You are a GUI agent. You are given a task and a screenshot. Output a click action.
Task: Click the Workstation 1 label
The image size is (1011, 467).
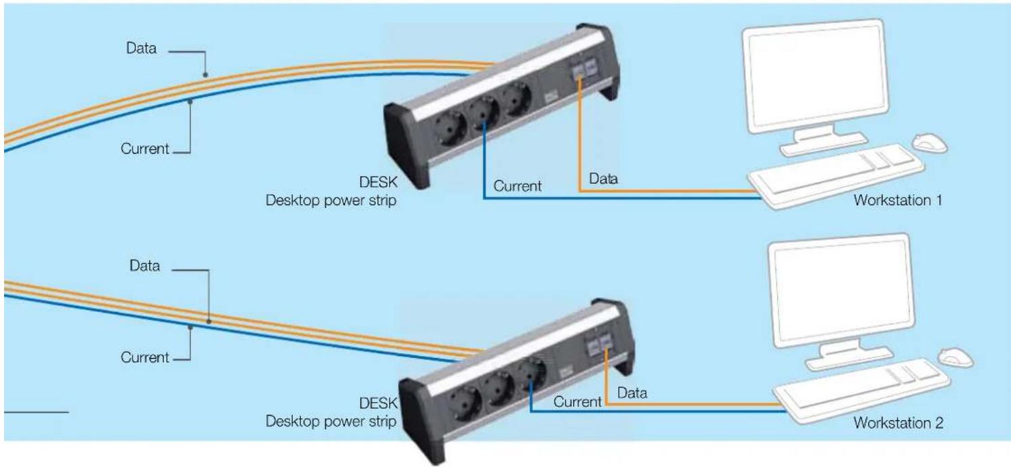897,200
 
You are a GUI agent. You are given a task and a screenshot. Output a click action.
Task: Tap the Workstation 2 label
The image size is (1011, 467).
898,423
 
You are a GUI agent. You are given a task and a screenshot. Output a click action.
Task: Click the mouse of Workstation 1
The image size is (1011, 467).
930,143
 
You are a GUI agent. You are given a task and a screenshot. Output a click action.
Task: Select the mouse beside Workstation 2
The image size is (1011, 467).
956,358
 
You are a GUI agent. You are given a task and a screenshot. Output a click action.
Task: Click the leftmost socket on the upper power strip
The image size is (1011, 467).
450,129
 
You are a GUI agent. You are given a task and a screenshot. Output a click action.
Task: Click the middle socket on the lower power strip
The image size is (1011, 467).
497,388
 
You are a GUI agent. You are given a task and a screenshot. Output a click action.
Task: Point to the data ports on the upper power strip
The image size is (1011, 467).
584,70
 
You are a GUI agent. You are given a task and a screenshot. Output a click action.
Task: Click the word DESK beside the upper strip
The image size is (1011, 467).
378,182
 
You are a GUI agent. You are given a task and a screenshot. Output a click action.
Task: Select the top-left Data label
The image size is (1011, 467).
141,48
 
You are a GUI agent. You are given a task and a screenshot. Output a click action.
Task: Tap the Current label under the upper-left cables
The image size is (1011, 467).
145,149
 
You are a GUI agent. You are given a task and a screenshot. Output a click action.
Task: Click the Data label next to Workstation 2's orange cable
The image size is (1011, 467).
632,393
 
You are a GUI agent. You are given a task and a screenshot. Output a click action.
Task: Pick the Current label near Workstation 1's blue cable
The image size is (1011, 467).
517,186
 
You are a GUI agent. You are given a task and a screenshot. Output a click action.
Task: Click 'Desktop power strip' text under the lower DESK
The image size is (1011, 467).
331,422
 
